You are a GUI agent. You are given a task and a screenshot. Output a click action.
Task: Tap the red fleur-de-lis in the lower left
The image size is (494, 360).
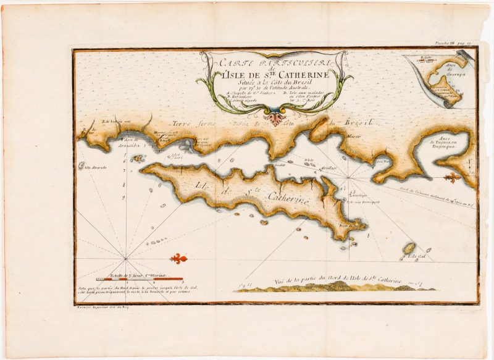[x=178, y=258]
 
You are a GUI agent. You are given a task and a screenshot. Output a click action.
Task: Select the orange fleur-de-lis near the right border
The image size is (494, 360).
[x=454, y=178]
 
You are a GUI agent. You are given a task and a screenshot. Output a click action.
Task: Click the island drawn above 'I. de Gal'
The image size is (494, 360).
[x=408, y=249]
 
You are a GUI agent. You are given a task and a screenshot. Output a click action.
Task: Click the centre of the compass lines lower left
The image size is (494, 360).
[x=127, y=258]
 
